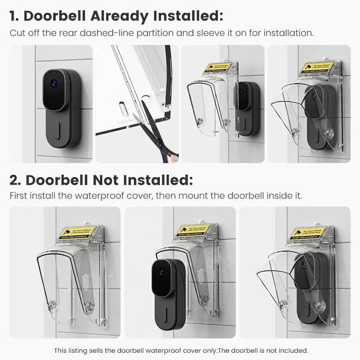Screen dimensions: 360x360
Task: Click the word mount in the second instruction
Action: click(201, 196)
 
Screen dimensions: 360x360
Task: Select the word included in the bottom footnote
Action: click(293, 351)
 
